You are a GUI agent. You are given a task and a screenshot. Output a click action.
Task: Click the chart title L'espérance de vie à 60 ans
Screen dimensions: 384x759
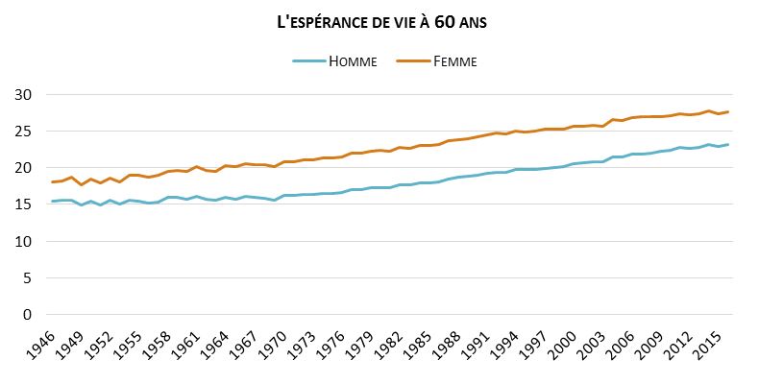[379, 21]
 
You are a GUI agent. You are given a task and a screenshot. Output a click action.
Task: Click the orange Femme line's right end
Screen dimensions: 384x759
[728, 112]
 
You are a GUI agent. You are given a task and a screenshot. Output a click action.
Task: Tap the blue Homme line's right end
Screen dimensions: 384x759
[728, 145]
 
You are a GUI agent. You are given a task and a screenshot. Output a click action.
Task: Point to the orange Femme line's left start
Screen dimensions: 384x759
[51, 181]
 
